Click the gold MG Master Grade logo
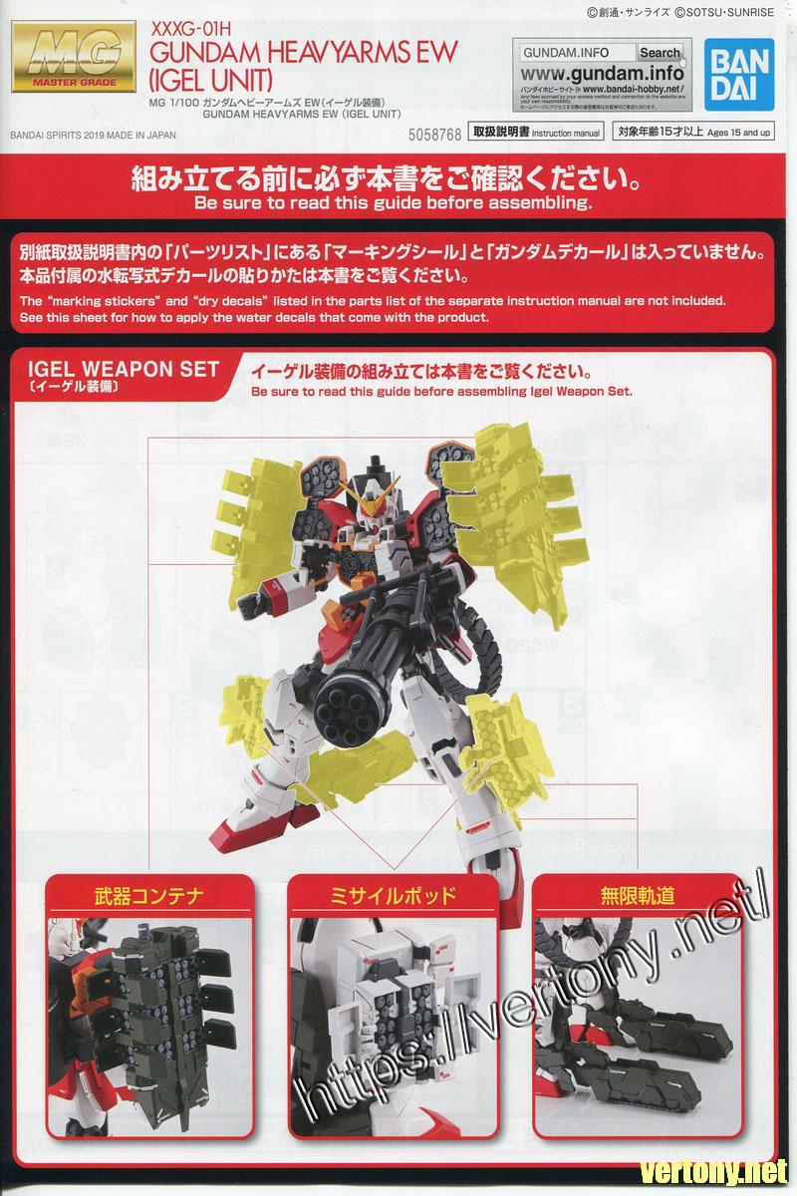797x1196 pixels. pyautogui.click(x=74, y=57)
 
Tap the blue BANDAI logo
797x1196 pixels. pyautogui.click(x=739, y=74)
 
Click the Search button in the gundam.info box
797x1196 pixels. pyautogui.click(x=660, y=52)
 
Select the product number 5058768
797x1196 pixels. pyautogui.click(x=434, y=135)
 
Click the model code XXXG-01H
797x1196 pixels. pyautogui.click(x=190, y=29)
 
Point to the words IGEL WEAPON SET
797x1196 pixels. pyautogui.click(x=124, y=369)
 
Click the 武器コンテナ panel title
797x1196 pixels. pyautogui.click(x=149, y=895)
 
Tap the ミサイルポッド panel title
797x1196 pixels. pyautogui.click(x=393, y=895)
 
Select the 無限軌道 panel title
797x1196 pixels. pyautogui.click(x=638, y=895)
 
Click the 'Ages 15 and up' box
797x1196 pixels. pyautogui.click(x=693, y=132)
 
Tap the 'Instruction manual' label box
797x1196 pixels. pyautogui.click(x=536, y=132)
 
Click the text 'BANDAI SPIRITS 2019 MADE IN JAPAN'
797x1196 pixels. pyautogui.click(x=93, y=136)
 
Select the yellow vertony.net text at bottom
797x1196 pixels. pyautogui.click(x=713, y=1173)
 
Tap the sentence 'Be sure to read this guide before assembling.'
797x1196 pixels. pyautogui.click(x=394, y=203)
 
